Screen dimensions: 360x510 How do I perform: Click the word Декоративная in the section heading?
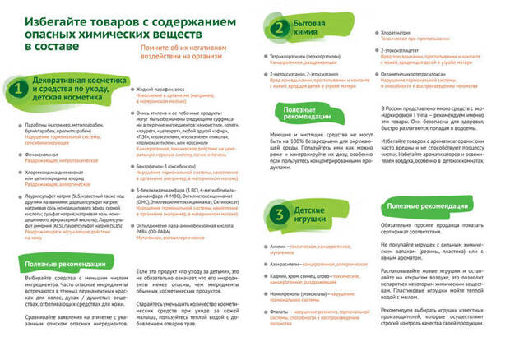56,81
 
